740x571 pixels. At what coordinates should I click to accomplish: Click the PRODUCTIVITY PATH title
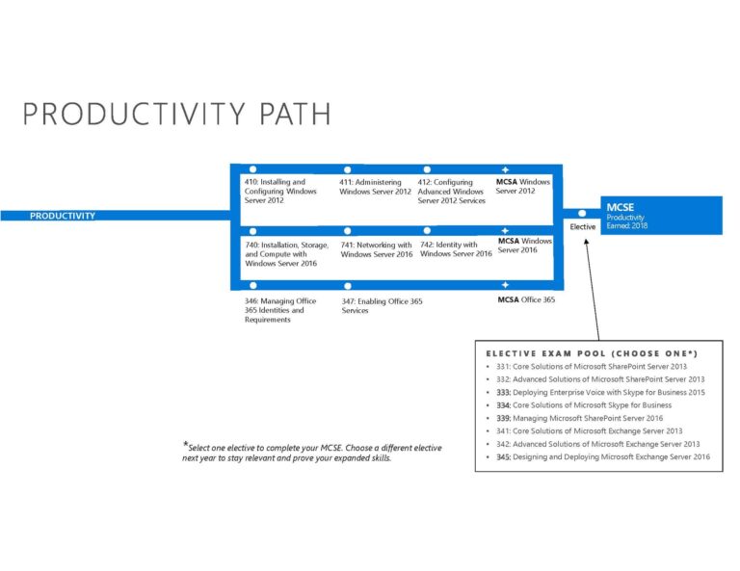pyautogui.click(x=176, y=114)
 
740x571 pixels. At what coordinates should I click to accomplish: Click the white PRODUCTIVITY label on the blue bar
pyautogui.click(x=63, y=216)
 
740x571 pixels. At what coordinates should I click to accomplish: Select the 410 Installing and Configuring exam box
pyautogui.click(x=280, y=191)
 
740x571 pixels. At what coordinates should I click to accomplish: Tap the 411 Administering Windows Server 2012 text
pyautogui.click(x=375, y=187)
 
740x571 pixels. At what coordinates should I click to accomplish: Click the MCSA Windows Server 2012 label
pyautogui.click(x=522, y=186)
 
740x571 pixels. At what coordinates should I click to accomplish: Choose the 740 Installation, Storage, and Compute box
pyautogui.click(x=280, y=253)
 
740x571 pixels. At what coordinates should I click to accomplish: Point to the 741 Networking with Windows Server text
pyautogui.click(x=376, y=249)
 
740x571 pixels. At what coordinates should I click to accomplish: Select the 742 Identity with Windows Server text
pyautogui.click(x=455, y=248)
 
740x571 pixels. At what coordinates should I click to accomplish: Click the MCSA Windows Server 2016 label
pyautogui.click(x=524, y=246)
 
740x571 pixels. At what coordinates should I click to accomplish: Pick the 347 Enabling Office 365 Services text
pyautogui.click(x=382, y=306)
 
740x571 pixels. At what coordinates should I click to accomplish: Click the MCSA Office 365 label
pyautogui.click(x=526, y=299)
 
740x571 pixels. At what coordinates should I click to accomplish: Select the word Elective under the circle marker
pyautogui.click(x=583, y=227)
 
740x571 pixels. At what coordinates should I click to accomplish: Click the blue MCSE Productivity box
pyautogui.click(x=660, y=214)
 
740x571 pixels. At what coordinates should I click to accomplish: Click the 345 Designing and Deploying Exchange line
pyautogui.click(x=602, y=457)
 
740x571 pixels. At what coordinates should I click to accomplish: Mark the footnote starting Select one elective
pyautogui.click(x=312, y=452)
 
